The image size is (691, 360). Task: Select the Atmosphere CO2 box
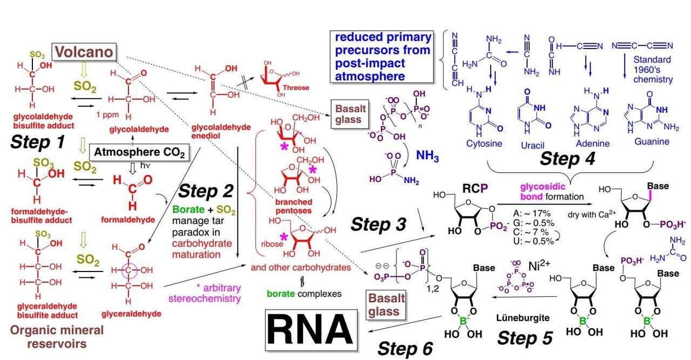click(140, 153)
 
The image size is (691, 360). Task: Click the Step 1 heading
click(38, 142)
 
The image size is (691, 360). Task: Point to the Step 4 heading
click(567, 159)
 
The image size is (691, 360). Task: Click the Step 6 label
click(405, 349)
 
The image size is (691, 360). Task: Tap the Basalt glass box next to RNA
click(384, 304)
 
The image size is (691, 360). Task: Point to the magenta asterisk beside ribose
click(283, 237)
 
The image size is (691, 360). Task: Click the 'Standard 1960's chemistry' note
click(653, 69)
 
